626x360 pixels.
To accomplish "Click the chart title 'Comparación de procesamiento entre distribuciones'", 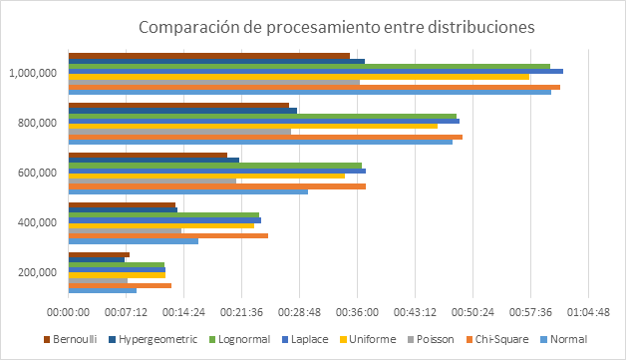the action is pos(337,27).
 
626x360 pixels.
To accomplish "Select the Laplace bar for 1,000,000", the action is pos(316,72).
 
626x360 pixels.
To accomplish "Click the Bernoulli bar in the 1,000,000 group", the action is pos(209,56).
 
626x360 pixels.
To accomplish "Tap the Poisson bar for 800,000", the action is pos(179,132).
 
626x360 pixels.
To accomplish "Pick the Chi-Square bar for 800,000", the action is pos(265,137).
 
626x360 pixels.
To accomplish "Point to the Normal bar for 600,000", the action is pos(188,191).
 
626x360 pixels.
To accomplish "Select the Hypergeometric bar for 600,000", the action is pos(154,161).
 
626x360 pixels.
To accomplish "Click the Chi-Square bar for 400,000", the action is pos(168,235).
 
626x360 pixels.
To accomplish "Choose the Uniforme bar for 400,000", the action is pos(161,225).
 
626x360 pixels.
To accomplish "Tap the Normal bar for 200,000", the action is pos(103,290).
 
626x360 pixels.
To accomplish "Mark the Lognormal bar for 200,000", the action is pos(117,264).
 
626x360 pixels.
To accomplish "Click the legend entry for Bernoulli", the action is pos(70,339).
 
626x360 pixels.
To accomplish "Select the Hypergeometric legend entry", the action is pos(153,339).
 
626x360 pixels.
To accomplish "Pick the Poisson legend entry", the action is pos(431,339).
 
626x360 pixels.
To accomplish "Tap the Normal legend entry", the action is pos(564,339).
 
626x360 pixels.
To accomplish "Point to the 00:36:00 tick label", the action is pos(357,312).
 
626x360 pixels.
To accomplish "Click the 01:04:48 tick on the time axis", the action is pos(588,312).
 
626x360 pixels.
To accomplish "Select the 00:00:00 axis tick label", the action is pos(68,312).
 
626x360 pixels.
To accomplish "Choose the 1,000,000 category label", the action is pos(33,73).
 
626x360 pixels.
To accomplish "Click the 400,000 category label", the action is pos(37,222).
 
